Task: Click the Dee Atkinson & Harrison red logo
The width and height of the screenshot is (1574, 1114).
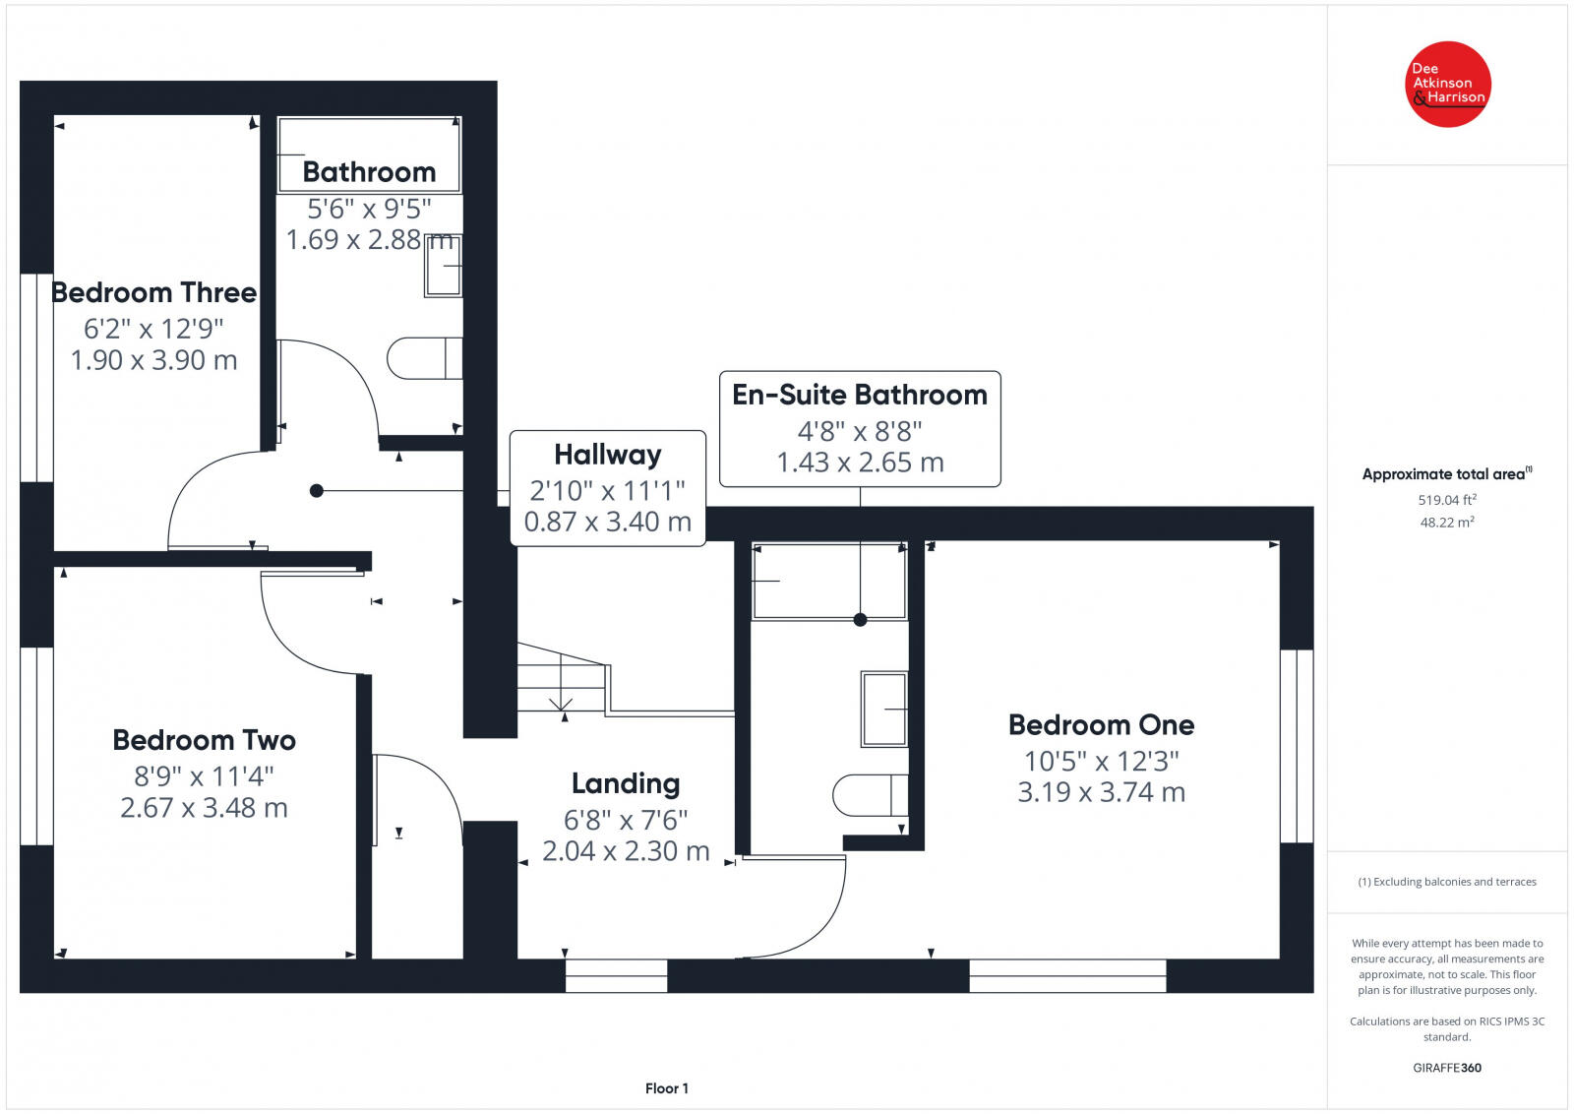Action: [1447, 85]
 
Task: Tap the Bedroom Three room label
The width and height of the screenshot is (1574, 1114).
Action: [153, 292]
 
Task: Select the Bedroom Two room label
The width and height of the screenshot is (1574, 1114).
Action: [204, 740]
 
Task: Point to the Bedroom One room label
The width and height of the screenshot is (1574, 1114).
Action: [1101, 724]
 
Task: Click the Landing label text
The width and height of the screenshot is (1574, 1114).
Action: [626, 784]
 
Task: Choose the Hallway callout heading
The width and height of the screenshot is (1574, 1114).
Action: [608, 455]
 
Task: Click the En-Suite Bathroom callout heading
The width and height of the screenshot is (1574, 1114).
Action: [860, 395]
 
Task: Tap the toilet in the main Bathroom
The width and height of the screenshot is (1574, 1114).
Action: [424, 358]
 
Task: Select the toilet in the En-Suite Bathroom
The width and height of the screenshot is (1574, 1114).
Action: [871, 795]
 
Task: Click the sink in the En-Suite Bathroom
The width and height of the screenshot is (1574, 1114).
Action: [884, 710]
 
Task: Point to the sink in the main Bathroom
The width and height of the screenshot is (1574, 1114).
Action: [444, 266]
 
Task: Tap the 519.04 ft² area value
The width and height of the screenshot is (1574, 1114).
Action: [1447, 500]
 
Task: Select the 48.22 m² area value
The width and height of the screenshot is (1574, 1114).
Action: [1447, 523]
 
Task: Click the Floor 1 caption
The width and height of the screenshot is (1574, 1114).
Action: [667, 1088]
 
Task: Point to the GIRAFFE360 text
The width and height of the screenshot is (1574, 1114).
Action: [1447, 1068]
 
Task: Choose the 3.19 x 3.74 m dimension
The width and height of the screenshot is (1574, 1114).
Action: [1101, 792]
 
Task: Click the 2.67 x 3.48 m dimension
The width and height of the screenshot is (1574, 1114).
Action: [204, 808]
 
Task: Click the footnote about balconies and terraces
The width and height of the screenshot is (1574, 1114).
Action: [1447, 882]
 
